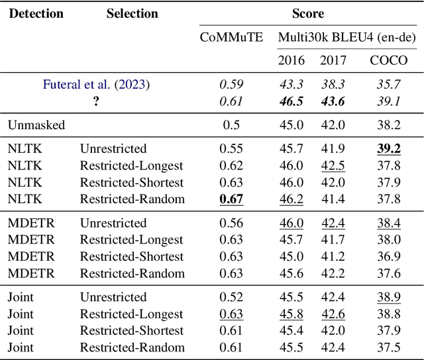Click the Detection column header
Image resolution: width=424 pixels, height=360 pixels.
pos(36,13)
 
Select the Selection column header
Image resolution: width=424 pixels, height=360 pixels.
pos(132,13)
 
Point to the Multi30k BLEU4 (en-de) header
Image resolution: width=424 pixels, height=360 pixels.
pos(348,37)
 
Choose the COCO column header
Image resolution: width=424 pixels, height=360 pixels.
pos(388,60)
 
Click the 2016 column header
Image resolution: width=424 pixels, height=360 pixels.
pos(291,60)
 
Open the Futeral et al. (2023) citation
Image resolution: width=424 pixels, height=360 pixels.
pos(96,85)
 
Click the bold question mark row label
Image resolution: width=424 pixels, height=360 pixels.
pos(96,101)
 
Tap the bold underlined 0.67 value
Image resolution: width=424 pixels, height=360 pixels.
pos(231,199)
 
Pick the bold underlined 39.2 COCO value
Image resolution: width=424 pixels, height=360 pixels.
pos(388,149)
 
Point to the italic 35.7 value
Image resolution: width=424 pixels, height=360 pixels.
pos(388,85)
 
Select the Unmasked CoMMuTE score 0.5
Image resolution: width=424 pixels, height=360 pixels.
pos(231,125)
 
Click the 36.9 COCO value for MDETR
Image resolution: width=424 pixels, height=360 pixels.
pos(388,256)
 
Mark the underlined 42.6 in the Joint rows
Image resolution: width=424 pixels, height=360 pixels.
pos(333,314)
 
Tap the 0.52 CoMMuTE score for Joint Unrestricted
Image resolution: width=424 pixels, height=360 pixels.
pos(231,297)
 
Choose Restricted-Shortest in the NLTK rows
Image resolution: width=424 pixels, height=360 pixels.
pos(131,182)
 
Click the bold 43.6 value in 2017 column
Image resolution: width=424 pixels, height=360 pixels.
pos(333,101)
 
